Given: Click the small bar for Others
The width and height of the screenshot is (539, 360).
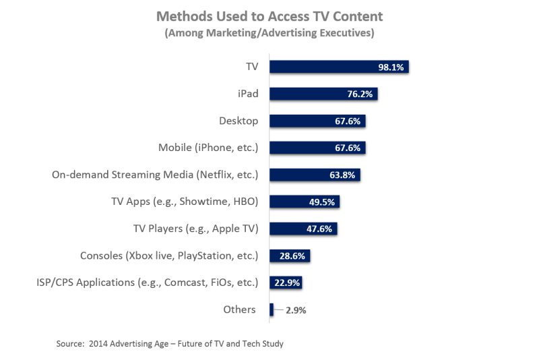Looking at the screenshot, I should (271, 310).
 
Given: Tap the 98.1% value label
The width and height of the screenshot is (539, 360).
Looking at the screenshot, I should (391, 67).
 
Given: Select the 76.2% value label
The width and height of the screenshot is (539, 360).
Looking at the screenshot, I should (360, 94).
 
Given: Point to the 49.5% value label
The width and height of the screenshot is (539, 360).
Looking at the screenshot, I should (323, 202).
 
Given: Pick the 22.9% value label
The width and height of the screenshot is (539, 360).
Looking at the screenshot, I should (286, 283).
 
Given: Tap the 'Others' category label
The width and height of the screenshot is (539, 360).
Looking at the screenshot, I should (239, 310).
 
